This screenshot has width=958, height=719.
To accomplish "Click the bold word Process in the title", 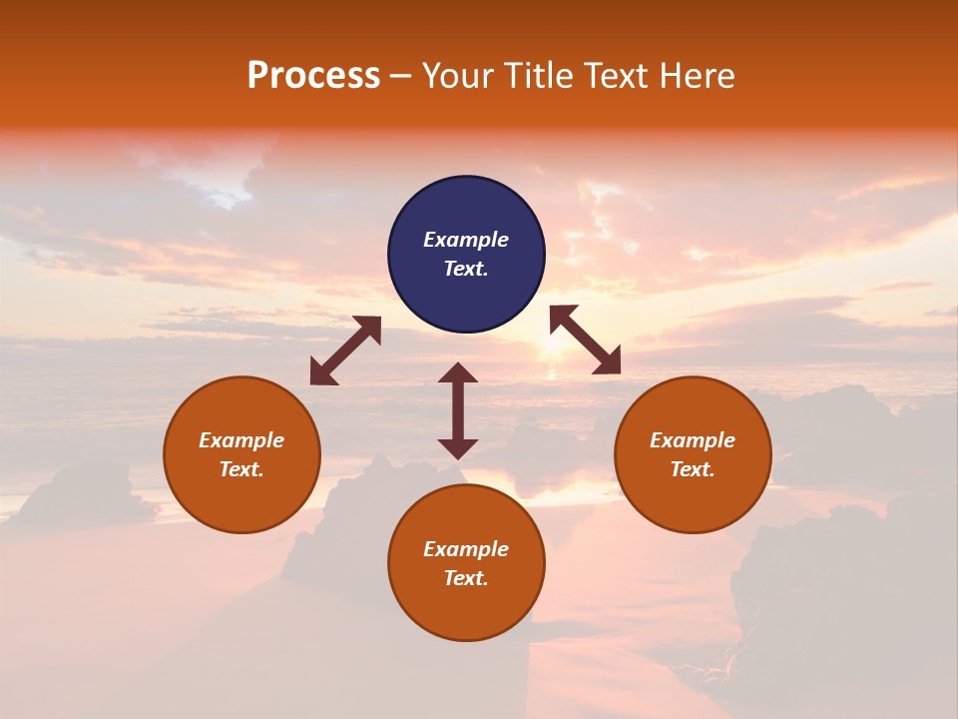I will click(313, 76).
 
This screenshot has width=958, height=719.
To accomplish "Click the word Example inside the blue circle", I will click(466, 240).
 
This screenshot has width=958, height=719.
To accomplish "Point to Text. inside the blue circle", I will click(466, 269).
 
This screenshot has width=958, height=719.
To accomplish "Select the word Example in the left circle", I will click(241, 440).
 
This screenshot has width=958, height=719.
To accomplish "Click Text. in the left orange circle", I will click(241, 469).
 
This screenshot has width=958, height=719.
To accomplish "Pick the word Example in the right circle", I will click(693, 440).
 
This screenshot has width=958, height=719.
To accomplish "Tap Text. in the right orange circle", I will click(693, 469).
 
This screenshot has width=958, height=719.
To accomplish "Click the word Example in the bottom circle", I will click(466, 549).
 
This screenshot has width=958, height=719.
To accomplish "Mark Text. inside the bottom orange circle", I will click(466, 578).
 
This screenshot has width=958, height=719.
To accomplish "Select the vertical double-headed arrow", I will click(458, 410).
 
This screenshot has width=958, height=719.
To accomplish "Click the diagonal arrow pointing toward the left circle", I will click(345, 351).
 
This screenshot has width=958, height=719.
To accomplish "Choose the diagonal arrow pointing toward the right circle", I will click(586, 340).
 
